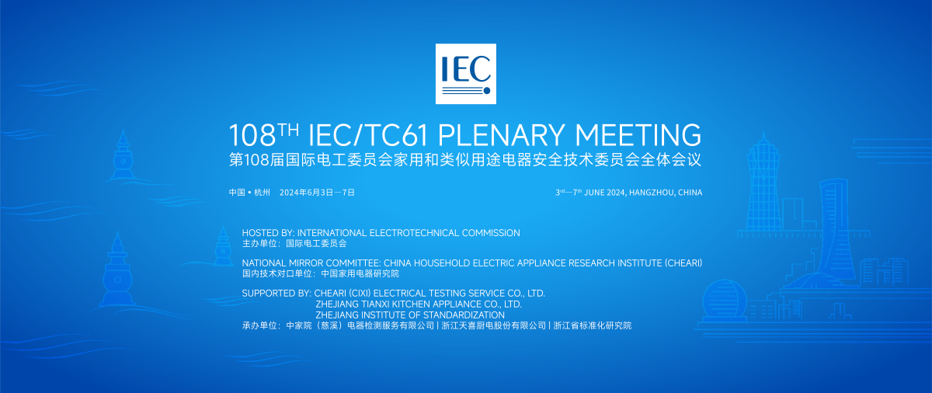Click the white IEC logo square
click(465, 74)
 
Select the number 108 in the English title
click(252, 136)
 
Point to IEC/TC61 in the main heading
click(368, 136)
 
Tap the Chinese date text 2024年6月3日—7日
click(317, 193)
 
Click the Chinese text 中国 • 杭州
click(249, 193)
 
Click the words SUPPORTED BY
click(276, 293)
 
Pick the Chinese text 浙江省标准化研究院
click(593, 325)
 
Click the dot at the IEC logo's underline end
click(487, 90)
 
